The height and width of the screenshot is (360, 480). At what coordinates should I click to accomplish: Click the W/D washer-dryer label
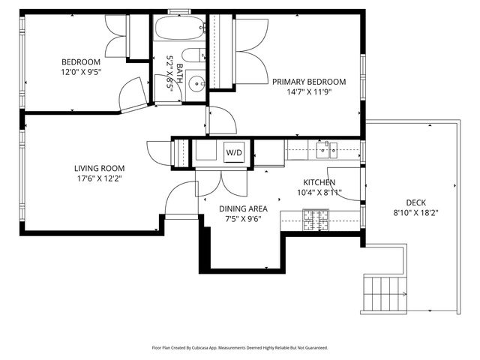pyautogui.click(x=235, y=153)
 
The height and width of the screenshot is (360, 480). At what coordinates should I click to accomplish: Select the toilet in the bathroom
pyautogui.click(x=194, y=55)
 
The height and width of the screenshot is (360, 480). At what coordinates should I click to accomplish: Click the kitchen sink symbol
pyautogui.click(x=327, y=151)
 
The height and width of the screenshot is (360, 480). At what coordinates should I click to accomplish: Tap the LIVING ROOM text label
pyautogui.click(x=99, y=168)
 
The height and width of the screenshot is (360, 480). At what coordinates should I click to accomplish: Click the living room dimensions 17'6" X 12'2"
pyautogui.click(x=99, y=178)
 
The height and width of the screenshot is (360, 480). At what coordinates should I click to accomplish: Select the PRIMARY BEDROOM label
pyautogui.click(x=309, y=82)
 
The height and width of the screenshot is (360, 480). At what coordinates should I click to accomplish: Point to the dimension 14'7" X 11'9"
pyautogui.click(x=309, y=92)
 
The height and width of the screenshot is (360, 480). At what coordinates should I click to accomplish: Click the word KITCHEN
pyautogui.click(x=319, y=182)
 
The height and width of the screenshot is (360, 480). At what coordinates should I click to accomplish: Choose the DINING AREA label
pyautogui.click(x=243, y=209)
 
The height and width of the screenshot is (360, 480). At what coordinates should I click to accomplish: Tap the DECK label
pyautogui.click(x=416, y=202)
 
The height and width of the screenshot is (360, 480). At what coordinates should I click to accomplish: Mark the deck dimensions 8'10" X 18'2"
pyautogui.click(x=416, y=213)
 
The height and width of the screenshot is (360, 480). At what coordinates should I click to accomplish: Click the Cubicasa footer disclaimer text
pyautogui.click(x=240, y=348)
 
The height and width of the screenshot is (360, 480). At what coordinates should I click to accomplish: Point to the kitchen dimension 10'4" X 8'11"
pyautogui.click(x=319, y=193)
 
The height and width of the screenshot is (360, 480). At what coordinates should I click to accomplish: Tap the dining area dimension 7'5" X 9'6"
pyautogui.click(x=243, y=220)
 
